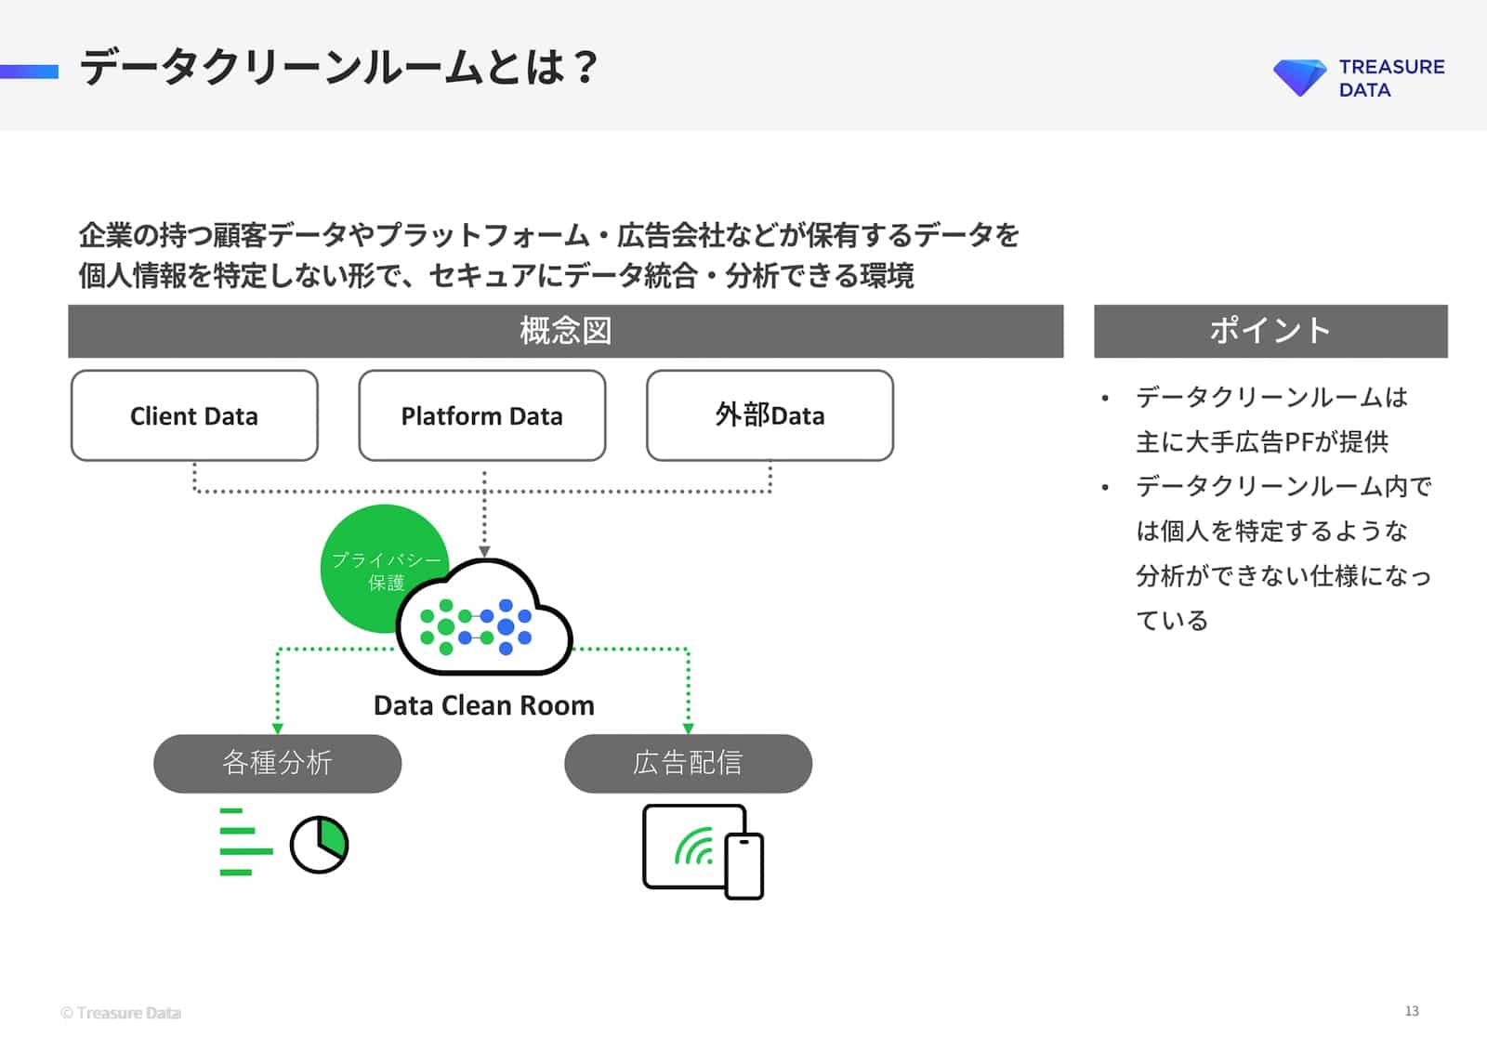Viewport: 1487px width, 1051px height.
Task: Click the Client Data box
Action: (x=194, y=415)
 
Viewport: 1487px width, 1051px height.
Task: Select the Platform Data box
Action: (x=481, y=415)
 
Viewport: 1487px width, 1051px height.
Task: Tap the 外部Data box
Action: (x=770, y=415)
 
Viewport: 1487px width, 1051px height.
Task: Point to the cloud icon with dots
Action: (x=483, y=621)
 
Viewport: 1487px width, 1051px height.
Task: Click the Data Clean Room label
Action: (x=483, y=705)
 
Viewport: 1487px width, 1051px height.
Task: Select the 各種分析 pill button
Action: (x=277, y=763)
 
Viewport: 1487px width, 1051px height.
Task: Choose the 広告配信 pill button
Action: (x=688, y=763)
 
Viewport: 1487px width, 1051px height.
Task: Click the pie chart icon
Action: (x=319, y=845)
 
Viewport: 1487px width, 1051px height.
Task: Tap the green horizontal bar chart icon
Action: (x=243, y=842)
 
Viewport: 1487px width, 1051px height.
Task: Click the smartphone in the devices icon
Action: (x=743, y=866)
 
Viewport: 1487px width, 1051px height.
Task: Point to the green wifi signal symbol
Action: (x=694, y=847)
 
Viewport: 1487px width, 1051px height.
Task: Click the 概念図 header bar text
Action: (x=565, y=331)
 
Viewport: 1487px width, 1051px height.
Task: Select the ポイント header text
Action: (x=1270, y=331)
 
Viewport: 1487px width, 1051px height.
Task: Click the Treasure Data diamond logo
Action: (x=1299, y=77)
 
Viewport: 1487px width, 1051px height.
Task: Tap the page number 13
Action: (x=1411, y=1011)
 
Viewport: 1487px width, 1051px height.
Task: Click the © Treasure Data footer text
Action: (x=121, y=1013)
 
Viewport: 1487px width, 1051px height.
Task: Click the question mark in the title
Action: (x=585, y=67)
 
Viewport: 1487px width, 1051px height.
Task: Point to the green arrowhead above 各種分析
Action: (x=277, y=729)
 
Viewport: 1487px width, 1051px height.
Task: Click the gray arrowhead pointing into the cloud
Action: (x=484, y=552)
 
